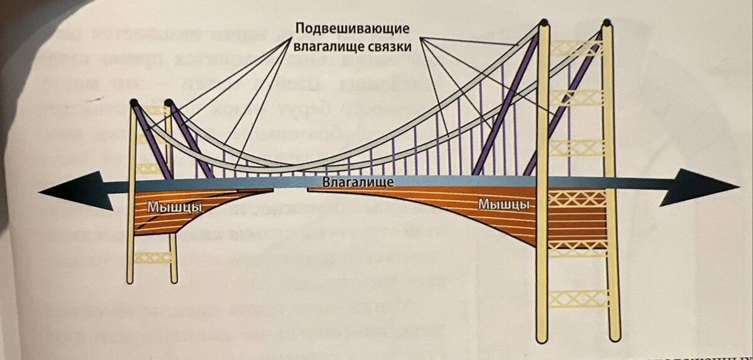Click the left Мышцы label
[165, 206]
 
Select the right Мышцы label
[503, 204]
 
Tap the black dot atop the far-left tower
[133, 102]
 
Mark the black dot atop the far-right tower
[606, 23]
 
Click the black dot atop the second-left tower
[168, 102]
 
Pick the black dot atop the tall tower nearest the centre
[544, 23]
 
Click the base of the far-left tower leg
[129, 279]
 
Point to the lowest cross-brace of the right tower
[577, 298]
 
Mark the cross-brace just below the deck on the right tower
[577, 199]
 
